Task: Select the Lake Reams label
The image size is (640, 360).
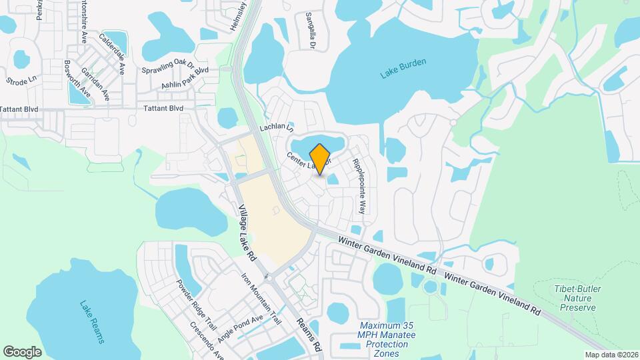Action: (92, 323)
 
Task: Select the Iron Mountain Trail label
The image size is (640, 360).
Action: (261, 299)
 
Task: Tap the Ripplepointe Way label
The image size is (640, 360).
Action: (359, 185)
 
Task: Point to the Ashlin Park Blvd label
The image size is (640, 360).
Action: (185, 79)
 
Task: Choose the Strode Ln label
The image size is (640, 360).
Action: (21, 81)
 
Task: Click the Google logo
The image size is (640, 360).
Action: (23, 351)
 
